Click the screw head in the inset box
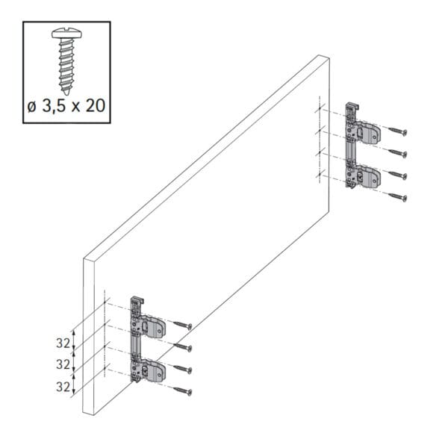[x=66, y=34]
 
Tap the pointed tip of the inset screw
[x=66, y=94]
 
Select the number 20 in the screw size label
[x=96, y=106]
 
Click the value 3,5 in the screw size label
[x=54, y=106]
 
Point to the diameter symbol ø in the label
[x=32, y=107]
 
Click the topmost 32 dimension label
[x=63, y=343]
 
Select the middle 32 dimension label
[x=63, y=364]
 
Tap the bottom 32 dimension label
[x=63, y=387]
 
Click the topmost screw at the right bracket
[x=397, y=131]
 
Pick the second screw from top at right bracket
[x=397, y=153]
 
